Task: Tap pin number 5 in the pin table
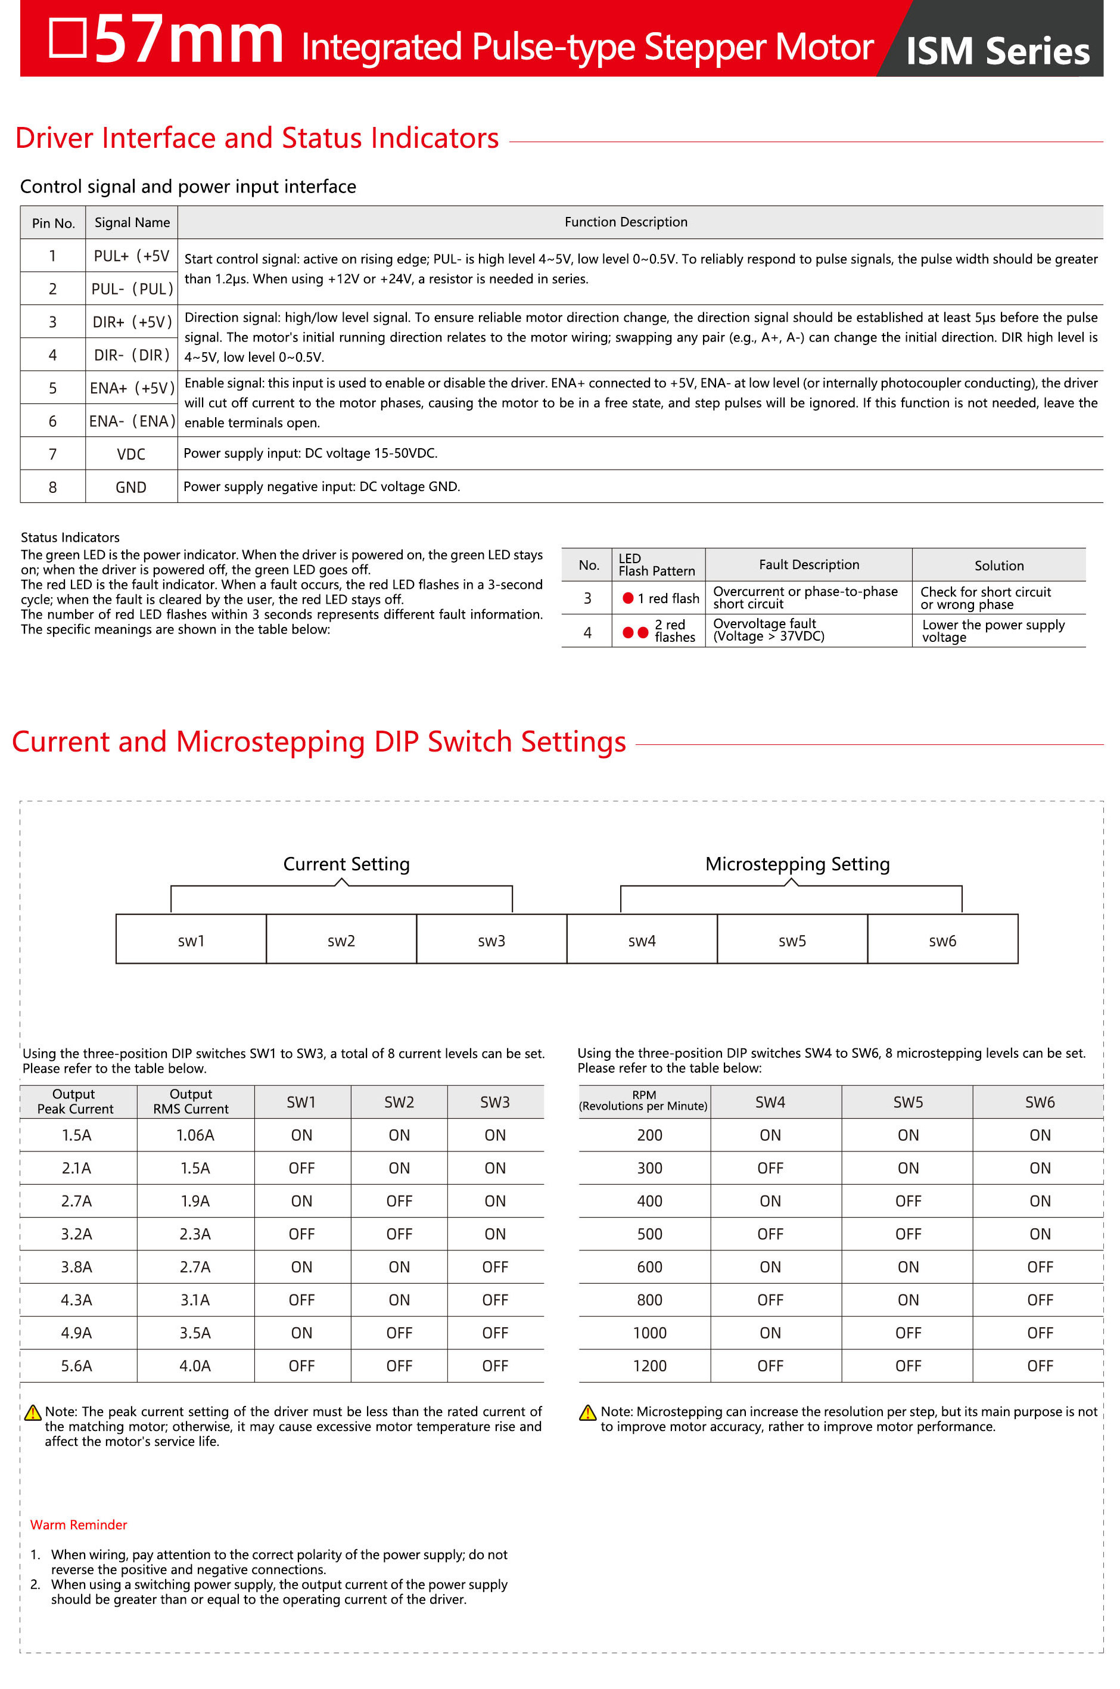[52, 388]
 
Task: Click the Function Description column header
[626, 222]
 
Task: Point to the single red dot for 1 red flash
[628, 598]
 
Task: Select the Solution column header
[998, 565]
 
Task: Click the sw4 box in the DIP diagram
[642, 940]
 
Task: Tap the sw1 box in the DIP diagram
[191, 940]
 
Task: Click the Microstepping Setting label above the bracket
[797, 864]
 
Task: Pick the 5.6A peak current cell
[76, 1365]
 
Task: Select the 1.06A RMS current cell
[195, 1135]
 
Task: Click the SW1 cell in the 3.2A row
[301, 1234]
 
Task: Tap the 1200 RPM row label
[649, 1365]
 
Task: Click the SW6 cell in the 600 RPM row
[1040, 1267]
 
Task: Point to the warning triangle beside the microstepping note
[587, 1412]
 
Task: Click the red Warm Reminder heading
[79, 1524]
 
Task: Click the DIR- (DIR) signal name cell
[132, 355]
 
